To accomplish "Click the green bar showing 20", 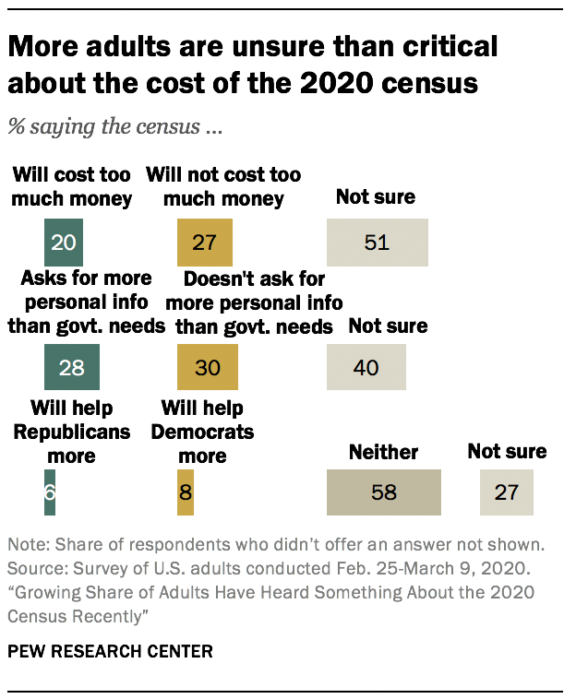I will [64, 243].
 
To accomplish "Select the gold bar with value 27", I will [204, 243].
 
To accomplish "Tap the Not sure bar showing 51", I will [377, 243].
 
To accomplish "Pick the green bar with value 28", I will [72, 366].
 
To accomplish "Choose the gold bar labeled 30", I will [208, 366].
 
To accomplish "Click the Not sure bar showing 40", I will [366, 366].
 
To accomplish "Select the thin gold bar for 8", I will [186, 492].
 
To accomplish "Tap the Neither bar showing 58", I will [384, 492].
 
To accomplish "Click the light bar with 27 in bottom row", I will [506, 492].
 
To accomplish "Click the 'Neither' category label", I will [383, 452].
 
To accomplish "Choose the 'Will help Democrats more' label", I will [202, 432].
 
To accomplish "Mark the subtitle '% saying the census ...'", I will [115, 127].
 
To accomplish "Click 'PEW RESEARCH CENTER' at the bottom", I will [110, 651].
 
